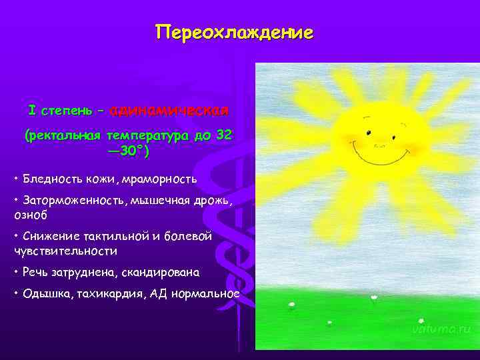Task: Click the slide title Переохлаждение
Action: pos(234,33)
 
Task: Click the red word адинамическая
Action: pos(169,109)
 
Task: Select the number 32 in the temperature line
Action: pos(224,135)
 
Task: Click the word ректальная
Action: pos(63,136)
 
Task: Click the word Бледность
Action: pos(51,179)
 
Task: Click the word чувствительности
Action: pos(65,251)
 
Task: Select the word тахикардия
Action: pos(108,294)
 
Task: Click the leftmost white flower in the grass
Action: pos(291,305)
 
